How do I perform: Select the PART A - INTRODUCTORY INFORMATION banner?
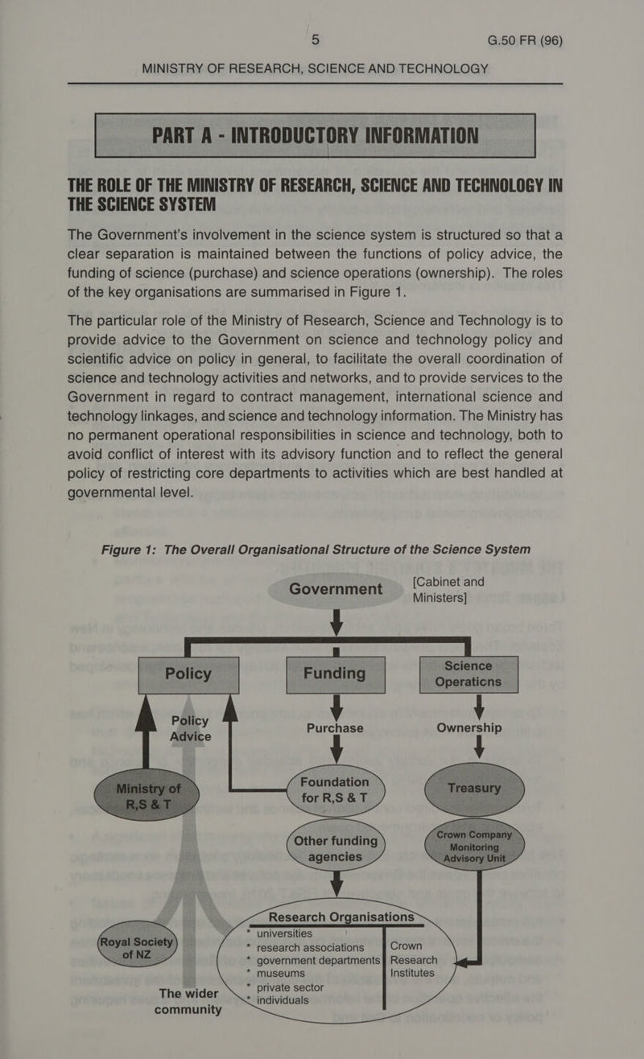tap(315, 134)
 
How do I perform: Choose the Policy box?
tap(188, 673)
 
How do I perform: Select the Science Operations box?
tap(469, 673)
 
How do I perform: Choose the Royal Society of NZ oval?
tap(134, 949)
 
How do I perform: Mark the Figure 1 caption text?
tap(316, 549)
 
